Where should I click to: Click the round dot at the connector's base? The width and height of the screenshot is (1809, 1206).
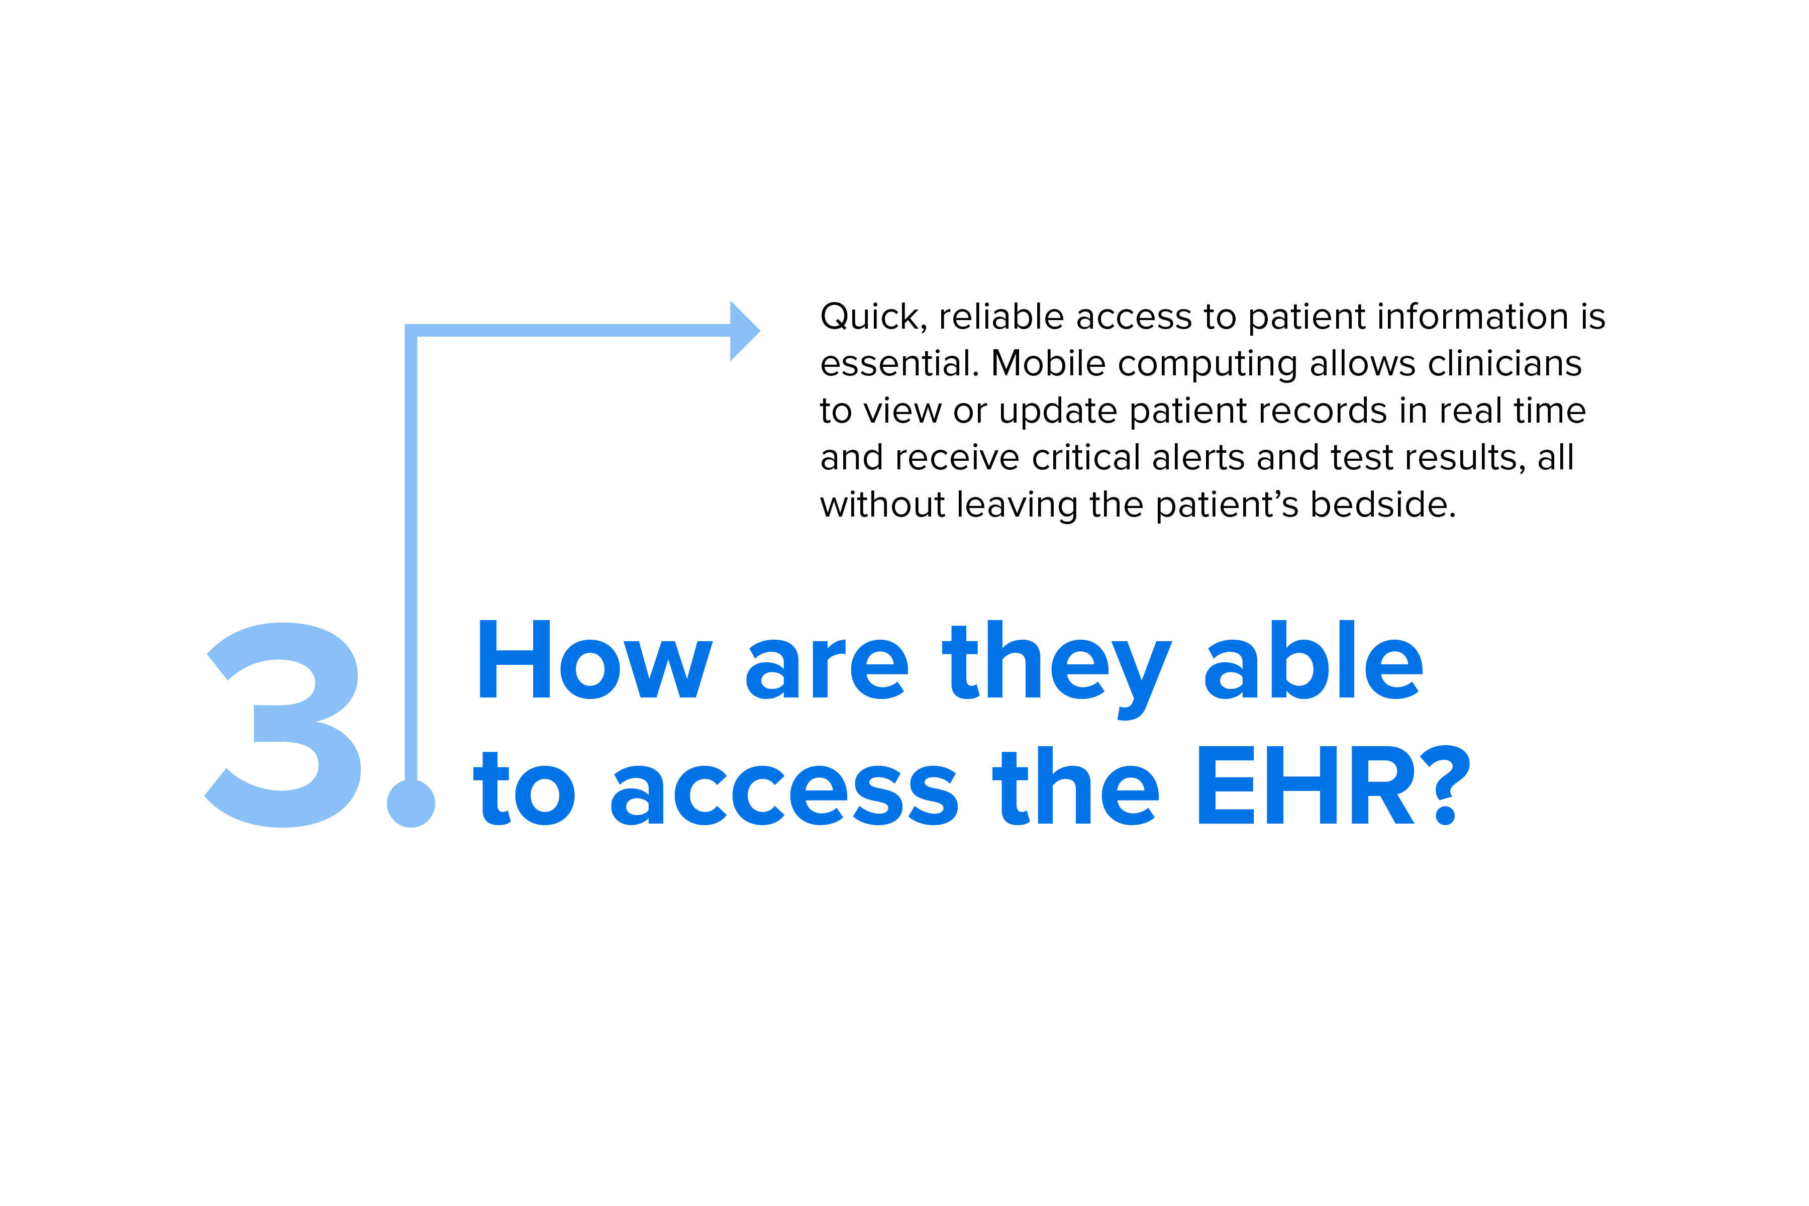pyautogui.click(x=411, y=803)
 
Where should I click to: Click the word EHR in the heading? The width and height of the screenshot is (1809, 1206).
pyautogui.click(x=1306, y=785)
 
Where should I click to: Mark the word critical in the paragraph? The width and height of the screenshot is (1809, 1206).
pyautogui.click(x=1086, y=458)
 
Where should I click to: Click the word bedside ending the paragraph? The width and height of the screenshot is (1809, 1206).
pyautogui.click(x=1383, y=505)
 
